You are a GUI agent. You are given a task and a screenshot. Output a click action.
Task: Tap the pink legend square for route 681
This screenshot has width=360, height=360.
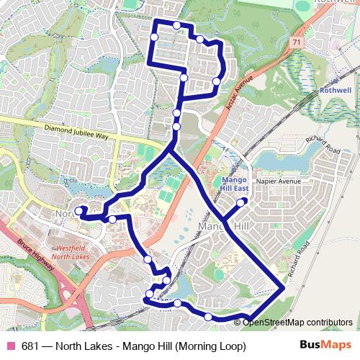click(x=11, y=346)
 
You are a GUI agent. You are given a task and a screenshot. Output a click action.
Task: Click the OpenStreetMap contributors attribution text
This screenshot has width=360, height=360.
click(x=298, y=323)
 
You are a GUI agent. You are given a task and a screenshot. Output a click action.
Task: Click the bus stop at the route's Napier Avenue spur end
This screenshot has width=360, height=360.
click(x=242, y=202)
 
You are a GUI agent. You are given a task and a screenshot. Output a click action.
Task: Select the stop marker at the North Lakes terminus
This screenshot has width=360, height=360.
click(x=78, y=210)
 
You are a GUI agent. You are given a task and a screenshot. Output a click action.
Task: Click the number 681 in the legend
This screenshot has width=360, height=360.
click(x=31, y=346)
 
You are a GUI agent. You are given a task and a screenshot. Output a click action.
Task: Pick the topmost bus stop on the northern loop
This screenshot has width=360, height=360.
click(x=177, y=25)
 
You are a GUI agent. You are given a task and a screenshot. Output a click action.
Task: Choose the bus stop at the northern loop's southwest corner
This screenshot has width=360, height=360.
click(x=184, y=77)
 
